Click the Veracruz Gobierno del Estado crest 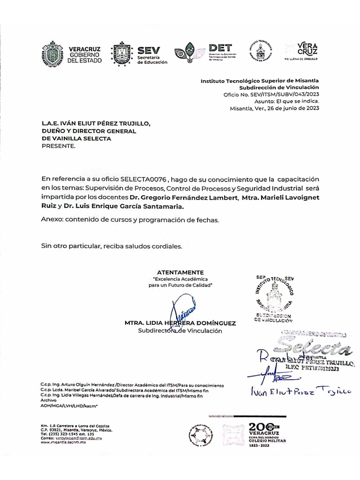click(52, 55)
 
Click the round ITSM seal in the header click(261, 51)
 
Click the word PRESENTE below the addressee click(58, 146)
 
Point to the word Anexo click(50, 219)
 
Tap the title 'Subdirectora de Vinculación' click(180, 331)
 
